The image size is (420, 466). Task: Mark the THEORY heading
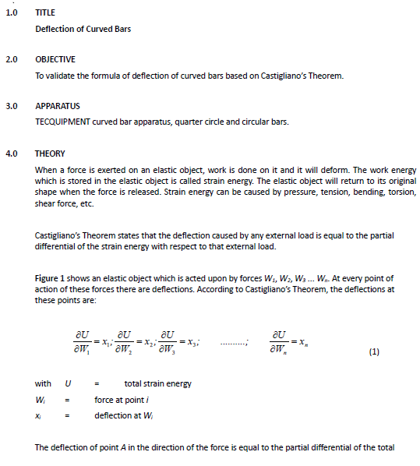coord(50,154)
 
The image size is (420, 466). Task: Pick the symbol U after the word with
coord(69,383)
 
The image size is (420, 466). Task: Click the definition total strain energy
coord(157,383)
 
